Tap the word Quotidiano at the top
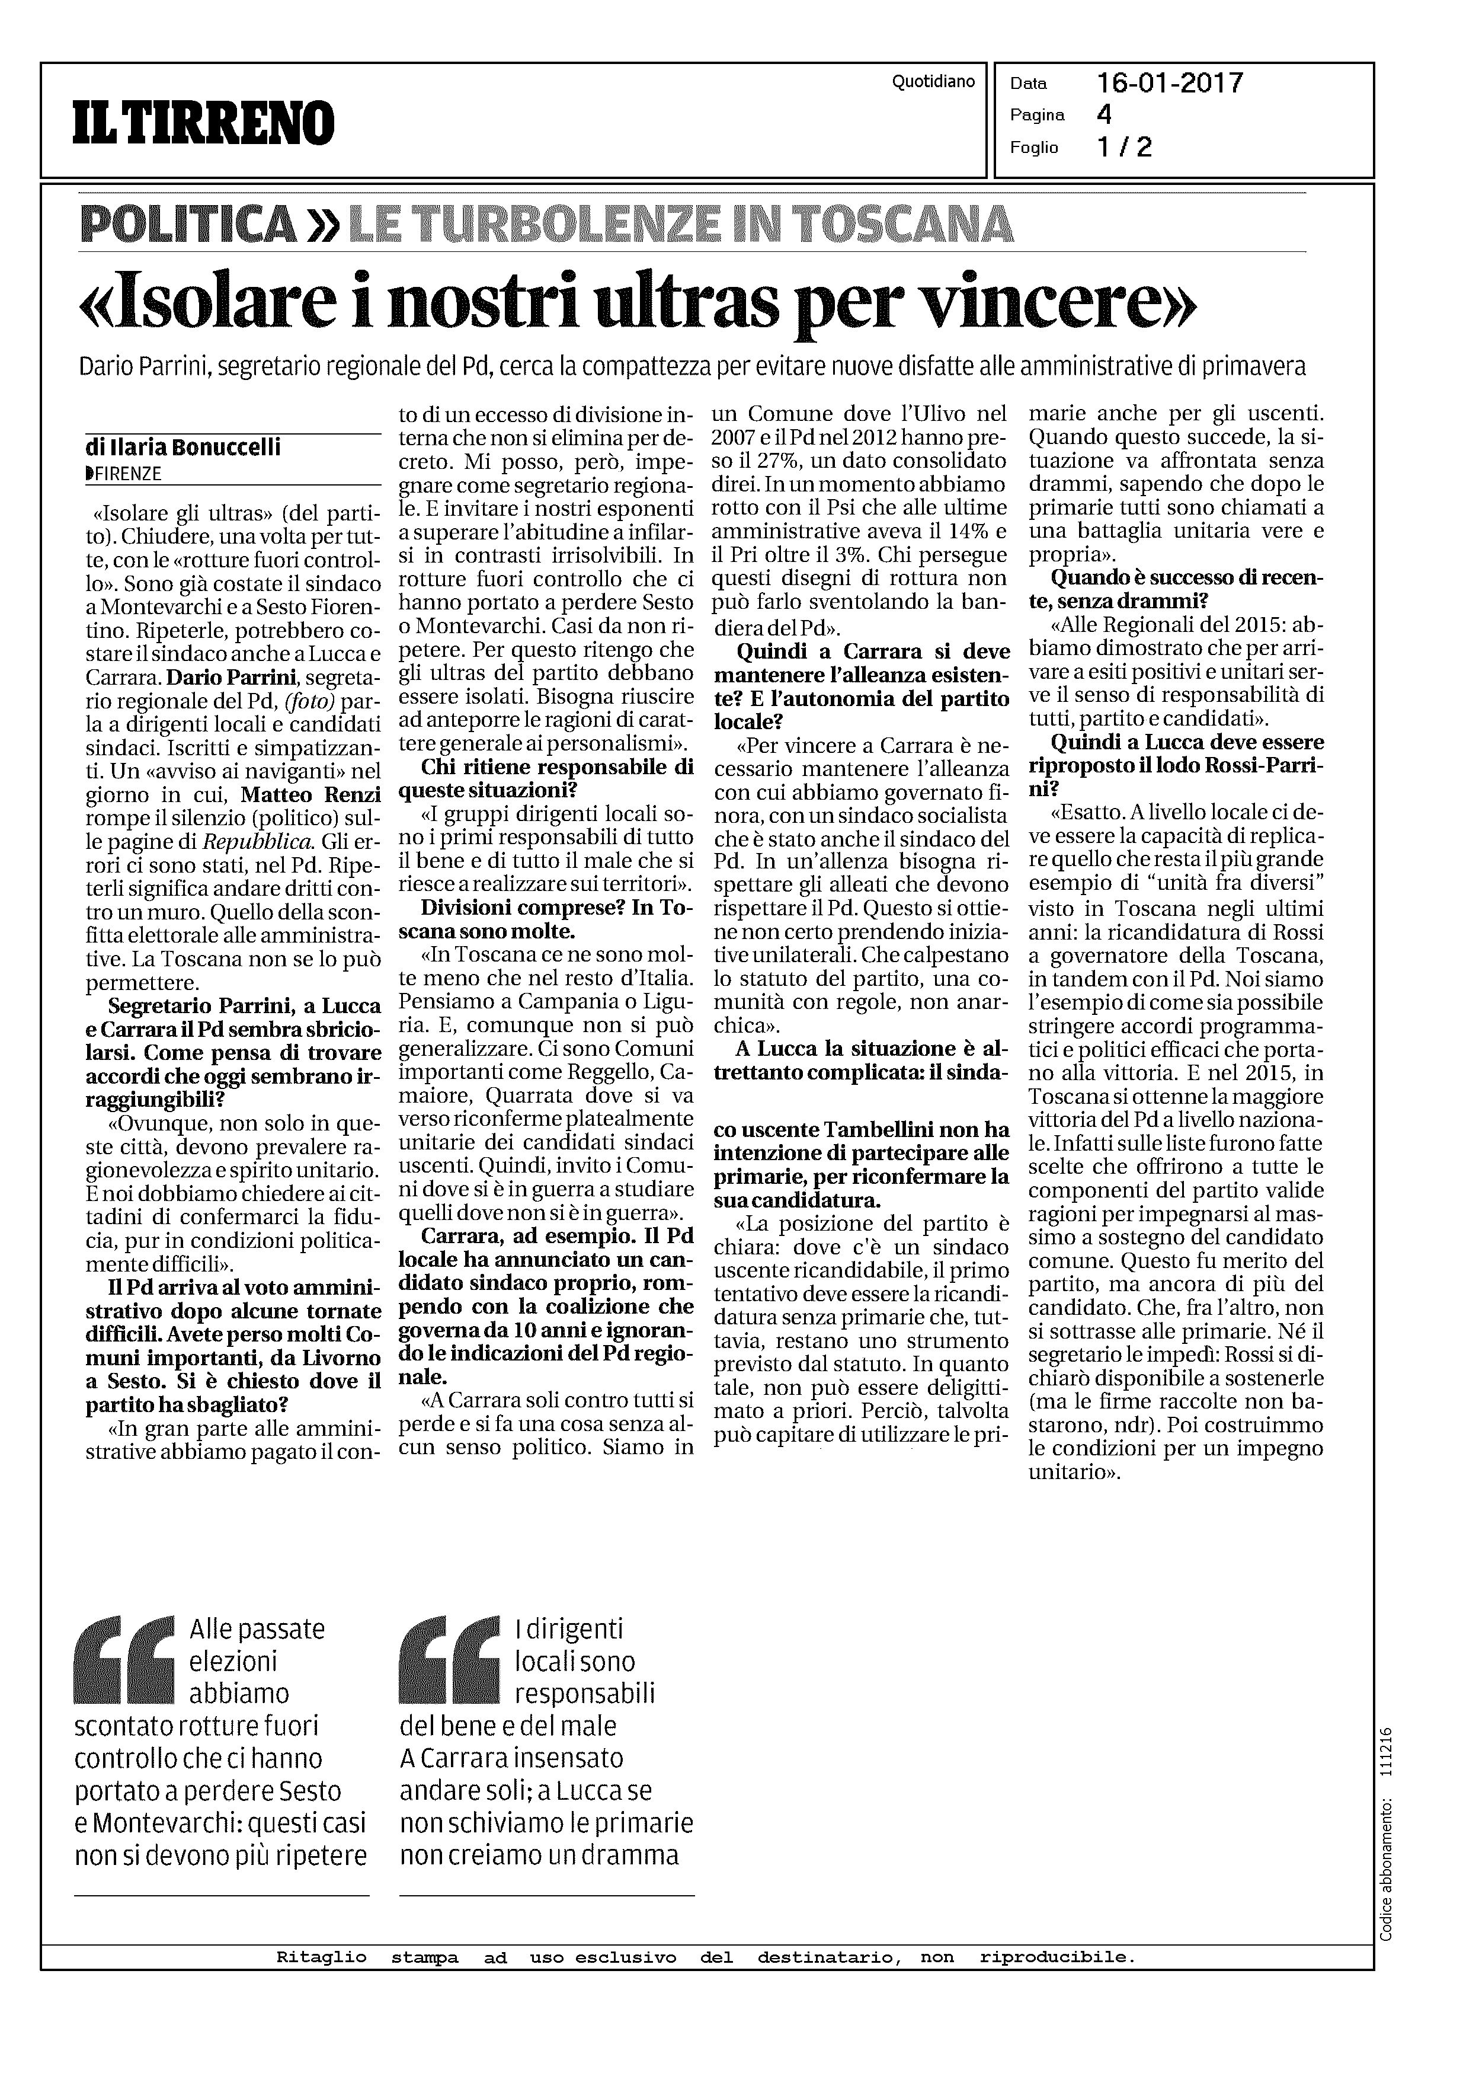pos(933,82)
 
